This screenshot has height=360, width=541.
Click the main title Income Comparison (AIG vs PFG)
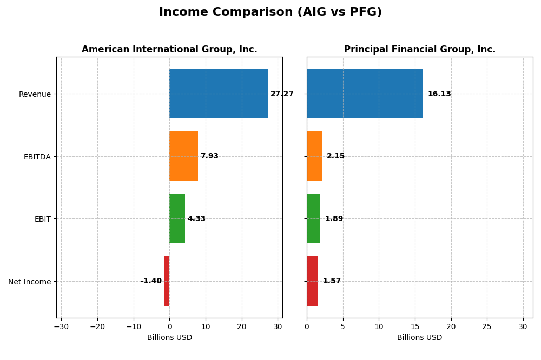pos(270,12)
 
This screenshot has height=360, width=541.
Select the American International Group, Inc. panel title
pos(169,49)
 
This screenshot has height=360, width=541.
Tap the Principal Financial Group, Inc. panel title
pos(419,49)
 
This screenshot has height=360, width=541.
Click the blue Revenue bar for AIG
pos(219,94)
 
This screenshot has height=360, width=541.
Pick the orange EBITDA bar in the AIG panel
pos(183,156)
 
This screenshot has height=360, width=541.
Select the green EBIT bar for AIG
pos(177,218)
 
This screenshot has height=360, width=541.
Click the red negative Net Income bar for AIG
pos(167,281)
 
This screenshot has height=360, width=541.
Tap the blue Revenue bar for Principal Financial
pos(365,94)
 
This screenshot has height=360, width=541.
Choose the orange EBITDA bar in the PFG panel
pos(314,156)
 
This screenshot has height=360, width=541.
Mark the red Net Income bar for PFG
pos(312,281)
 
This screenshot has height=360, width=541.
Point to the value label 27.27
pos(282,94)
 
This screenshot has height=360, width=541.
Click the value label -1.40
pos(151,281)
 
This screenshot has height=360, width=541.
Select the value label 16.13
pos(439,94)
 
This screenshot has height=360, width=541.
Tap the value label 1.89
pos(334,219)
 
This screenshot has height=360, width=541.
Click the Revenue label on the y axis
pos(35,94)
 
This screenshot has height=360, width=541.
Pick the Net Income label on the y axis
pos(29,282)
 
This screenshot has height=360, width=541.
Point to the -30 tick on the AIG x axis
pos(61,326)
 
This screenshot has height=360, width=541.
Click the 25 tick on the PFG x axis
pos(487,326)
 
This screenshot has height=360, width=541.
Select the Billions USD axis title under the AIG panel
pos(169,337)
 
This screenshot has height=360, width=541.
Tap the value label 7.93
pos(209,156)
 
